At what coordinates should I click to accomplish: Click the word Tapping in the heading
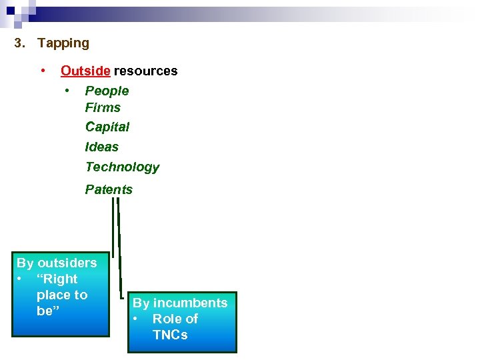pyautogui.click(x=63, y=43)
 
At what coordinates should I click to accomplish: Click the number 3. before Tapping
pyautogui.click(x=21, y=43)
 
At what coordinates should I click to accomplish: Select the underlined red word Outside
pyautogui.click(x=85, y=71)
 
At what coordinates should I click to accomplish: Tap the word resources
pyautogui.click(x=145, y=71)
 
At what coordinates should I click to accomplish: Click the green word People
pyautogui.click(x=107, y=91)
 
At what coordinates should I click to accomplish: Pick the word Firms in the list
pyautogui.click(x=103, y=107)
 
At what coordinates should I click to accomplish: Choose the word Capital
pyautogui.click(x=107, y=127)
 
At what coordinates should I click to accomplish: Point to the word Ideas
pyautogui.click(x=101, y=147)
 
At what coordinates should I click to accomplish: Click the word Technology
pyautogui.click(x=122, y=167)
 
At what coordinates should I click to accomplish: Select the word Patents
pyautogui.click(x=109, y=189)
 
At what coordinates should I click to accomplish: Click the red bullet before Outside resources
pyautogui.click(x=43, y=70)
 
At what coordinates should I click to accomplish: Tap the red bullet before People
pyautogui.click(x=67, y=90)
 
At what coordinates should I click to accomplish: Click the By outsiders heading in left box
pyautogui.click(x=57, y=263)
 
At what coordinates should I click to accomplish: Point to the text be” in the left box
pyautogui.click(x=45, y=311)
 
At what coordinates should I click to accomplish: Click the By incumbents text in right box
pyautogui.click(x=180, y=303)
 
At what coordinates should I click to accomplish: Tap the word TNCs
pyautogui.click(x=170, y=335)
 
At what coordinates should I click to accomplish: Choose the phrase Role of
pyautogui.click(x=175, y=319)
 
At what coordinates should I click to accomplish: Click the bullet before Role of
pyautogui.click(x=137, y=319)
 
